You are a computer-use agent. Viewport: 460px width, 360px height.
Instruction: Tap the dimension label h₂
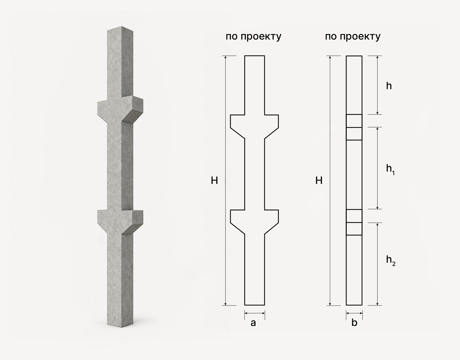click(x=391, y=260)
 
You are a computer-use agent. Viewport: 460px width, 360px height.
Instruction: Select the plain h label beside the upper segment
click(x=389, y=86)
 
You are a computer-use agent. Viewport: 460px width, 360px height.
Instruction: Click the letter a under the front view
click(x=253, y=323)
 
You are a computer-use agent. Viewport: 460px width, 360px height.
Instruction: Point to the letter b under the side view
click(x=354, y=322)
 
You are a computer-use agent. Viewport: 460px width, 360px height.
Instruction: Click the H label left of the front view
click(x=215, y=181)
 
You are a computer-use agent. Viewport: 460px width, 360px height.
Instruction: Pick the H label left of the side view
click(x=319, y=181)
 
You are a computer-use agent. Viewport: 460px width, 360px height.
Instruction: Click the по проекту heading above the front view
click(x=254, y=37)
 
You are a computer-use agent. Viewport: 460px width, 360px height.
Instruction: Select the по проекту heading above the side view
click(x=353, y=37)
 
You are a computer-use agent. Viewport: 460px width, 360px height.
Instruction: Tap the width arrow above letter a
click(x=255, y=313)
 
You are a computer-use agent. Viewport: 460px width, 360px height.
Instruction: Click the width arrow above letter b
click(x=354, y=313)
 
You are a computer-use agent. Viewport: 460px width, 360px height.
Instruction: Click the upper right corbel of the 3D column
click(x=133, y=109)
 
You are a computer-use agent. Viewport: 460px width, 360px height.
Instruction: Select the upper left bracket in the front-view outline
click(x=238, y=125)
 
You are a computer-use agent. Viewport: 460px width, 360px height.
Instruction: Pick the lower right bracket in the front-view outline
click(x=272, y=220)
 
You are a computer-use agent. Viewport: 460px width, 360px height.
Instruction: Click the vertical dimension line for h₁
click(x=377, y=168)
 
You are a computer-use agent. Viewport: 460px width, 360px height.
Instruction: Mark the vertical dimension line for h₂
click(x=377, y=264)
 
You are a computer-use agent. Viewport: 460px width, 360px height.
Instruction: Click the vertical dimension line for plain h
click(x=377, y=85)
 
